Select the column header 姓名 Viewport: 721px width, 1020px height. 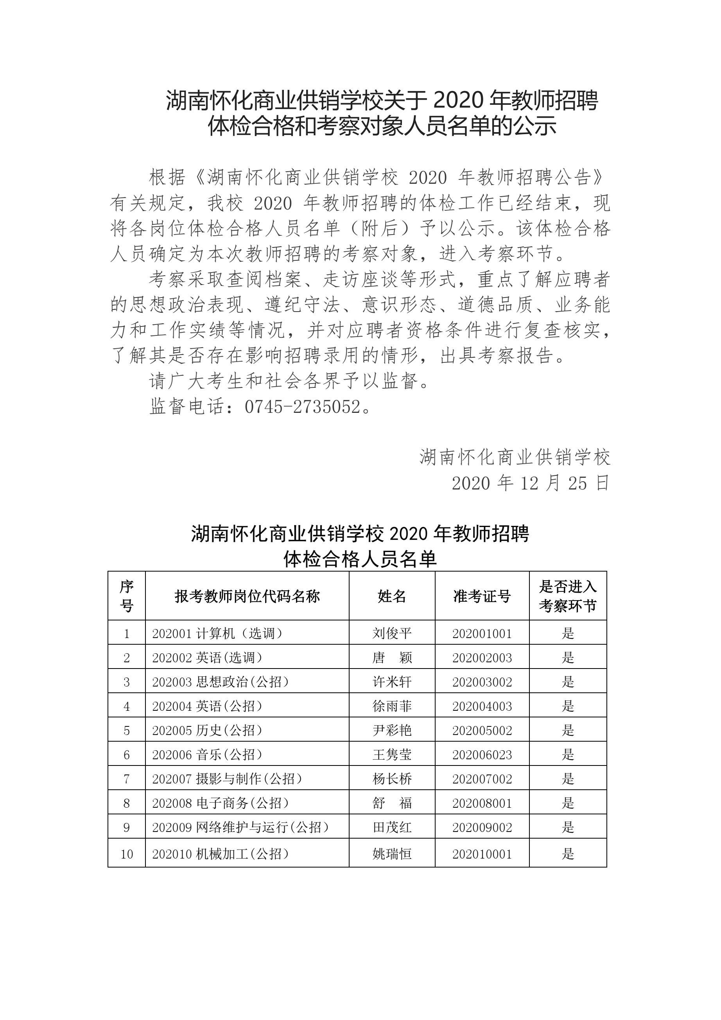pyautogui.click(x=392, y=596)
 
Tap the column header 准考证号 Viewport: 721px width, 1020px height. pyautogui.click(x=482, y=596)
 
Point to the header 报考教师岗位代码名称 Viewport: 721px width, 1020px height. pyautogui.click(x=247, y=596)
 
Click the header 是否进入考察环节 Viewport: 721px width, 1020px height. pyautogui.click(x=568, y=596)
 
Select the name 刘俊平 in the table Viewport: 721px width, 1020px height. pyautogui.click(x=392, y=633)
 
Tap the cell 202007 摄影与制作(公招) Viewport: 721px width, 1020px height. pyautogui.click(x=227, y=779)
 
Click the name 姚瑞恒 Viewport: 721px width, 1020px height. pyautogui.click(x=392, y=854)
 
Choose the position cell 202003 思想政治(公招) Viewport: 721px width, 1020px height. pyautogui.click(x=221, y=682)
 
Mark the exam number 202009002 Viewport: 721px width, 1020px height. pyautogui.click(x=482, y=827)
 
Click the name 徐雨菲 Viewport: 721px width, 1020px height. pyautogui.click(x=392, y=706)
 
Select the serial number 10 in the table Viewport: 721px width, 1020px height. pyautogui.click(x=127, y=854)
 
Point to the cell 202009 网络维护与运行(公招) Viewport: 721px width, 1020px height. pyautogui.click(x=240, y=827)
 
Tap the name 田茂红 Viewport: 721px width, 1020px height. pyautogui.click(x=392, y=827)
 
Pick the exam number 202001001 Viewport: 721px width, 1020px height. pyautogui.click(x=482, y=633)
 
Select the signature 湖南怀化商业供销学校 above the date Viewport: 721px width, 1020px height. pyautogui.click(x=515, y=457)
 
